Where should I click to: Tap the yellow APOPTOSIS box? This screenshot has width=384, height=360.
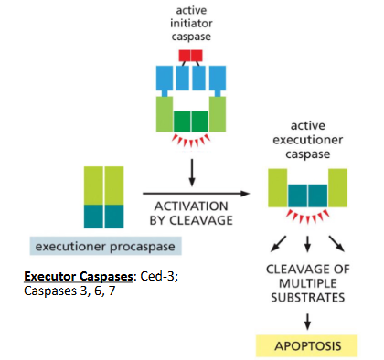[x=307, y=347]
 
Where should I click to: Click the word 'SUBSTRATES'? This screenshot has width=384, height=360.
[x=309, y=297]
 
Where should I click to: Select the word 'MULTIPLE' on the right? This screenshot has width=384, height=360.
[x=307, y=283]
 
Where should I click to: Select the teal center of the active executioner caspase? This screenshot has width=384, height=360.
[x=307, y=194]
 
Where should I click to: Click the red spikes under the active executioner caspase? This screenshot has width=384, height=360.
[x=307, y=217]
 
